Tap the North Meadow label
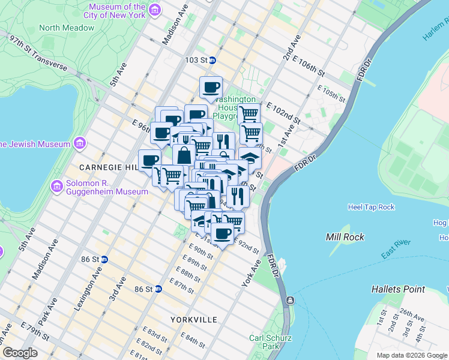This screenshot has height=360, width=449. point(67,28)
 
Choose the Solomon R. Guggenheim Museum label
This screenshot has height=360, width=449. point(107,187)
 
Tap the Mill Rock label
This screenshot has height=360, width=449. point(345,237)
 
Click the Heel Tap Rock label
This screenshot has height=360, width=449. point(371,207)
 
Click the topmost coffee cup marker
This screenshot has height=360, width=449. point(211,88)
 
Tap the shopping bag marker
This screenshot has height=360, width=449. point(184,154)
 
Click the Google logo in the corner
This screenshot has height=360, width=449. point(20,353)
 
